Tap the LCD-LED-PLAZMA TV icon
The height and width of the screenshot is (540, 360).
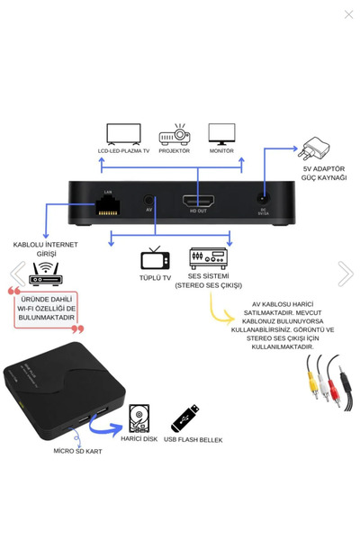[x=123, y=134]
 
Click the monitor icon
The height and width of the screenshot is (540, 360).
[x=221, y=134]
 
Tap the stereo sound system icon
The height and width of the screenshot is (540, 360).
[x=205, y=261]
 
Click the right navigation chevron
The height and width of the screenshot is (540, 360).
[x=345, y=274]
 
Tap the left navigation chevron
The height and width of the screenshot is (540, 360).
[x=16, y=274]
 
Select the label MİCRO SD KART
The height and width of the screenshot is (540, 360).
[x=77, y=450]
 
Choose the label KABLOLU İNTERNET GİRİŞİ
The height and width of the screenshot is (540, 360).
[x=45, y=248]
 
